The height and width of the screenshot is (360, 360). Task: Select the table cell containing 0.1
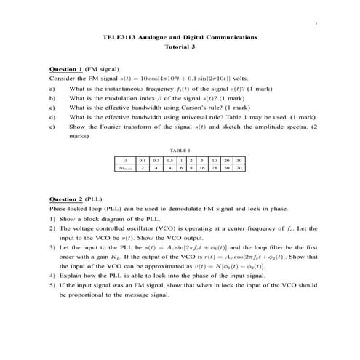(143, 159)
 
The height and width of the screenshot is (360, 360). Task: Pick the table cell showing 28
(213, 167)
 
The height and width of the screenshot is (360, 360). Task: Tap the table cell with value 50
(227, 167)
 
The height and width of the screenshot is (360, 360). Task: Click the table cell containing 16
(200, 167)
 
